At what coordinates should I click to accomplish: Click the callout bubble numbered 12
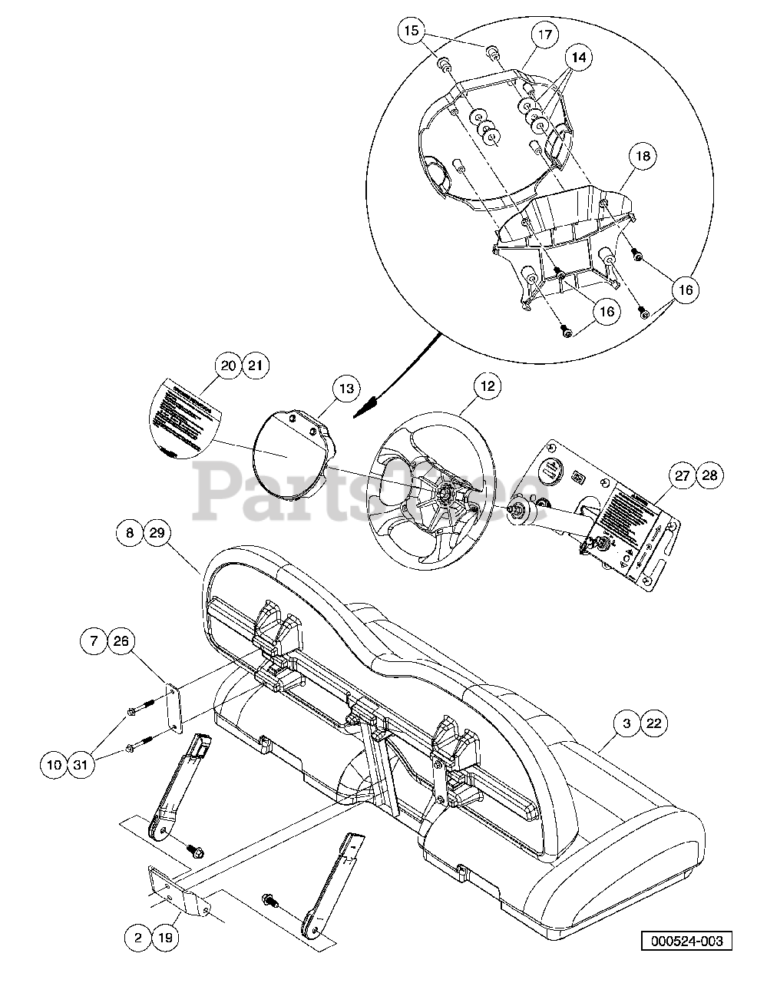pos(488,387)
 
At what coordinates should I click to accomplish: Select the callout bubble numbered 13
pos(347,389)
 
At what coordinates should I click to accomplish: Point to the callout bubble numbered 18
pos(642,157)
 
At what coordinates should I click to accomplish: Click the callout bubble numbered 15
pos(412,31)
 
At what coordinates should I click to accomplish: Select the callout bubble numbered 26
pos(121,640)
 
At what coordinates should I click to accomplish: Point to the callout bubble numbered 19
pos(165,938)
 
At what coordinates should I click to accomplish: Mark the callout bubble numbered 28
pos(709,476)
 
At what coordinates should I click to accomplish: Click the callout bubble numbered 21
pos(255,366)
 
